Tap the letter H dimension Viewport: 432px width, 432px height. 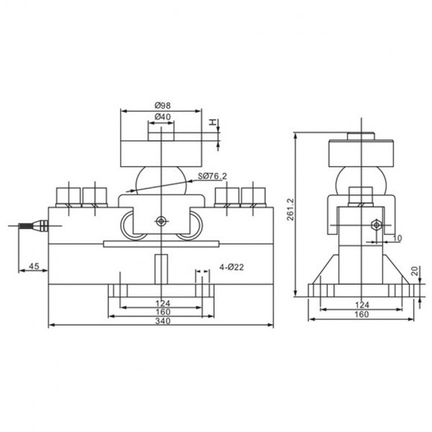tap(212, 123)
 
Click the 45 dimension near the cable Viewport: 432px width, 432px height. tap(33, 266)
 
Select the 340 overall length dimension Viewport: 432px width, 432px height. tap(160, 321)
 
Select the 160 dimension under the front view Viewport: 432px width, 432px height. tap(160, 311)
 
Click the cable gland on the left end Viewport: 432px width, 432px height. tap(34, 224)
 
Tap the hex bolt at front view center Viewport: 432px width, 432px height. tap(160, 221)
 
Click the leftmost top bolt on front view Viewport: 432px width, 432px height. tap(69, 195)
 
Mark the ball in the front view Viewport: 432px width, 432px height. tap(160, 181)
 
